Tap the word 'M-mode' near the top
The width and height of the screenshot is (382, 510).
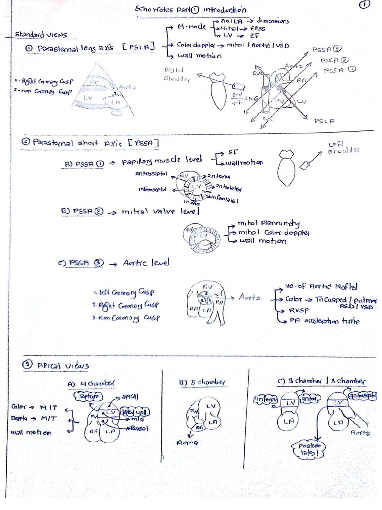pos(191,27)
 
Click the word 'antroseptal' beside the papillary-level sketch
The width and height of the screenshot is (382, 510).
pos(151,174)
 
